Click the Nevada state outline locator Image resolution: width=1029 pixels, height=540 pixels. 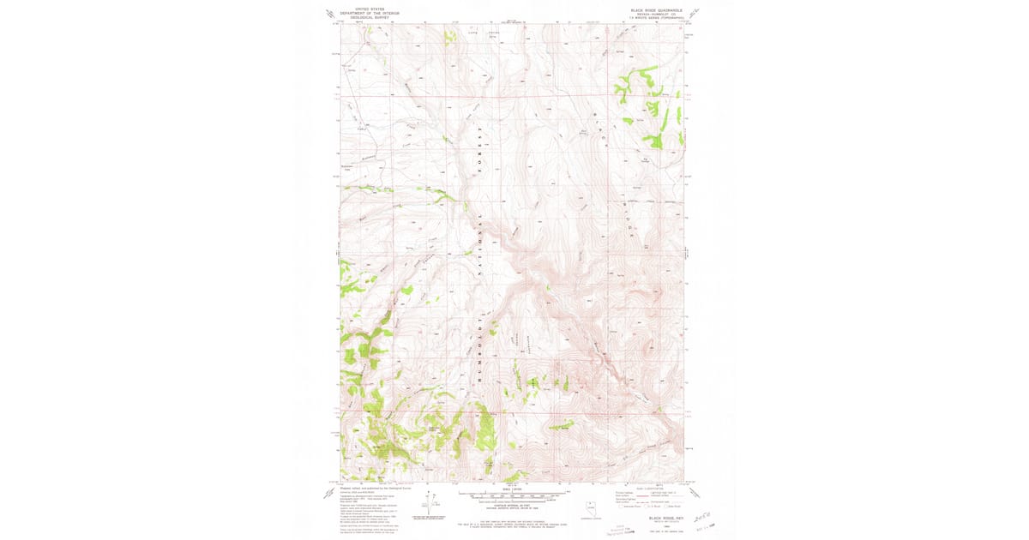pyautogui.click(x=590, y=506)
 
